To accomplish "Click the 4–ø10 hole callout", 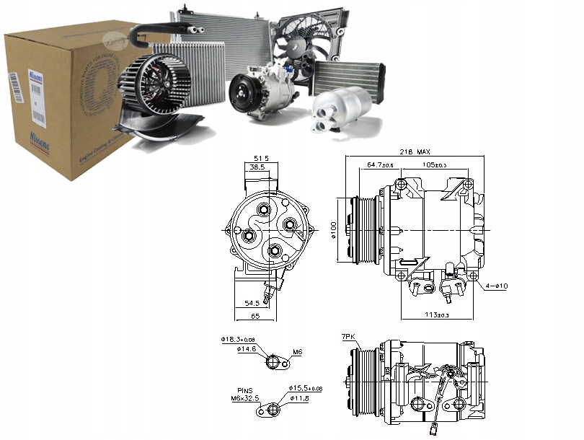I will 497,287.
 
